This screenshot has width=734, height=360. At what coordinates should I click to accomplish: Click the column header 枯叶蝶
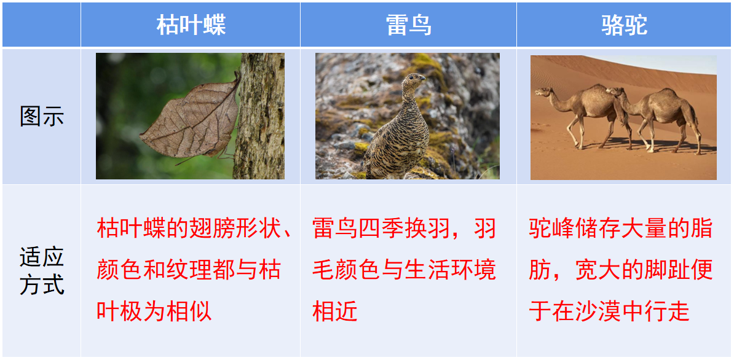click(x=191, y=25)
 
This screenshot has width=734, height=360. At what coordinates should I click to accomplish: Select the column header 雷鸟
click(x=408, y=25)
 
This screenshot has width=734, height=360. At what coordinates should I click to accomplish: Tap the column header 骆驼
click(x=624, y=25)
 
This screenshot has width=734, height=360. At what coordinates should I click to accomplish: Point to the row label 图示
click(x=41, y=116)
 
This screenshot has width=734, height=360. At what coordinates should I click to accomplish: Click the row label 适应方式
click(x=41, y=271)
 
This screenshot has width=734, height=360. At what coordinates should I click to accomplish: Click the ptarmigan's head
click(x=415, y=80)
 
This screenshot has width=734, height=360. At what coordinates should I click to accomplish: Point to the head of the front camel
click(x=541, y=93)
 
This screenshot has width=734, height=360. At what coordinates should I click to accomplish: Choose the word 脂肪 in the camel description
click(x=700, y=229)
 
